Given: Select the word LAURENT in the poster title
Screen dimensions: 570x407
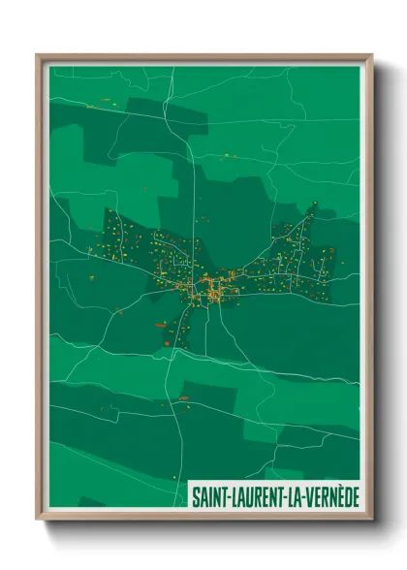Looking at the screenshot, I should click(x=255, y=495).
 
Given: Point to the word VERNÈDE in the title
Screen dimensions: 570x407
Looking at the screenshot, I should click(x=331, y=495).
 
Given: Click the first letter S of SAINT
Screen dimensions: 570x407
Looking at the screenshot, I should click(x=194, y=495).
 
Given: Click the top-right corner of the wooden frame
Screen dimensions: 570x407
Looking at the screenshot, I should click(x=371, y=55).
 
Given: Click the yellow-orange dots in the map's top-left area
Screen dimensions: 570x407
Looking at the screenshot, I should click(x=97, y=103).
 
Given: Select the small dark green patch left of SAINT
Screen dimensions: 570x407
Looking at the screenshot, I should click(x=92, y=502).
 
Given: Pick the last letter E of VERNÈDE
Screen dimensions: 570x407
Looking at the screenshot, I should click(x=355, y=495).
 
